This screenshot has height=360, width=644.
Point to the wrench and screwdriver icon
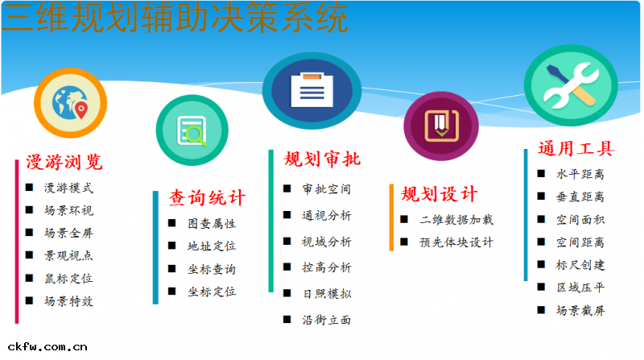pyautogui.click(x=572, y=85)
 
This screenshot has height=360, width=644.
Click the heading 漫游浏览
pyautogui.click(x=64, y=162)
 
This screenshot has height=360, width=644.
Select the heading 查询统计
pyautogui.click(x=207, y=198)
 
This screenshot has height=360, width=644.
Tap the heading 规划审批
pyautogui.click(x=322, y=159)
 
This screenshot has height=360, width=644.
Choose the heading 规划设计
pyautogui.click(x=440, y=194)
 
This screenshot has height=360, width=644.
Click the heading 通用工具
pyautogui.click(x=576, y=149)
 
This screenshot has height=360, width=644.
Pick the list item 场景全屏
pyautogui.click(x=68, y=234)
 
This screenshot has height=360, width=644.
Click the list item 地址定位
pyautogui.click(x=212, y=246)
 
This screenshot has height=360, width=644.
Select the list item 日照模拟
pyautogui.click(x=327, y=294)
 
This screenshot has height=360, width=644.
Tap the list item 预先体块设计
pyautogui.click(x=456, y=242)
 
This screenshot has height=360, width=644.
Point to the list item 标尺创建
pyautogui.click(x=580, y=265)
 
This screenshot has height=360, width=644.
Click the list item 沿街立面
pyautogui.click(x=327, y=320)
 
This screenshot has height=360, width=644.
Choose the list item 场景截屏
pyautogui.click(x=580, y=310)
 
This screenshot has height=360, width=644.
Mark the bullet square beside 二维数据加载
pyautogui.click(x=404, y=219)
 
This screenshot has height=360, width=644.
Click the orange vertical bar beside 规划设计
pyautogui.click(x=392, y=217)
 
